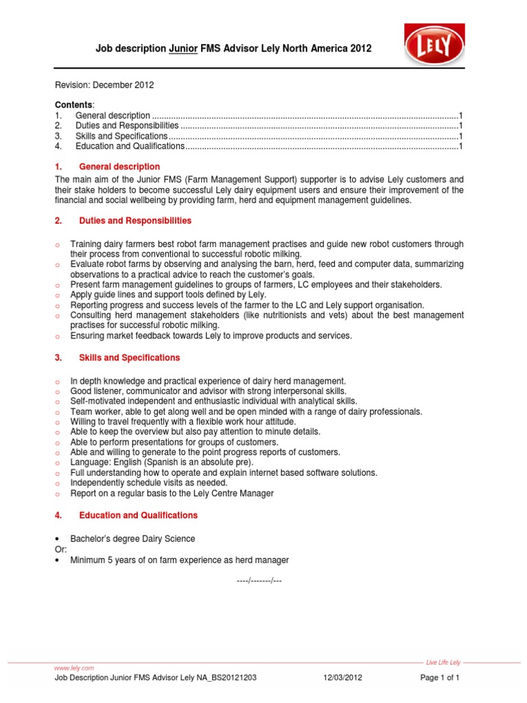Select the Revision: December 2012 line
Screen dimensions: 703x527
(x=104, y=85)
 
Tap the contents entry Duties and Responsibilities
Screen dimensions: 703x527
(x=127, y=126)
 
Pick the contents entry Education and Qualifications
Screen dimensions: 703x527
(x=130, y=146)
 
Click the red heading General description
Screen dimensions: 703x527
(x=119, y=167)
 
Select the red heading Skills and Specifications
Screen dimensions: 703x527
(x=129, y=358)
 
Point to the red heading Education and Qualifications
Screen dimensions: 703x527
(x=138, y=515)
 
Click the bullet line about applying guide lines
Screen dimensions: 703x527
(x=168, y=295)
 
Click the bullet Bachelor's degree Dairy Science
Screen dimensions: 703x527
(x=132, y=538)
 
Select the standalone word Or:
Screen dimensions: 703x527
(x=60, y=549)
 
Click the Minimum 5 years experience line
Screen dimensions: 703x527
(x=179, y=560)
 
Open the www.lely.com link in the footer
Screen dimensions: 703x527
(x=73, y=667)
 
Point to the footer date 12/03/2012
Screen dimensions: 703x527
(x=342, y=678)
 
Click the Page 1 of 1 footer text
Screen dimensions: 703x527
(x=439, y=678)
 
